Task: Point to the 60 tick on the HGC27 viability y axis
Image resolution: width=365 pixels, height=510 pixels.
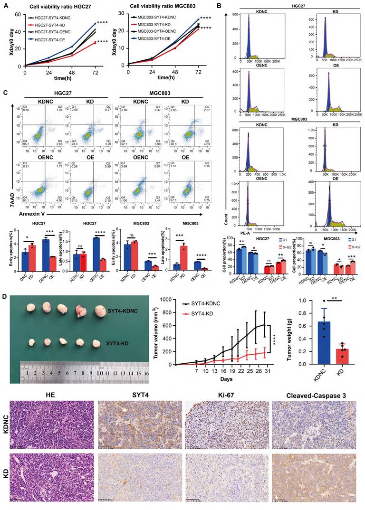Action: [x=19, y=15]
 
